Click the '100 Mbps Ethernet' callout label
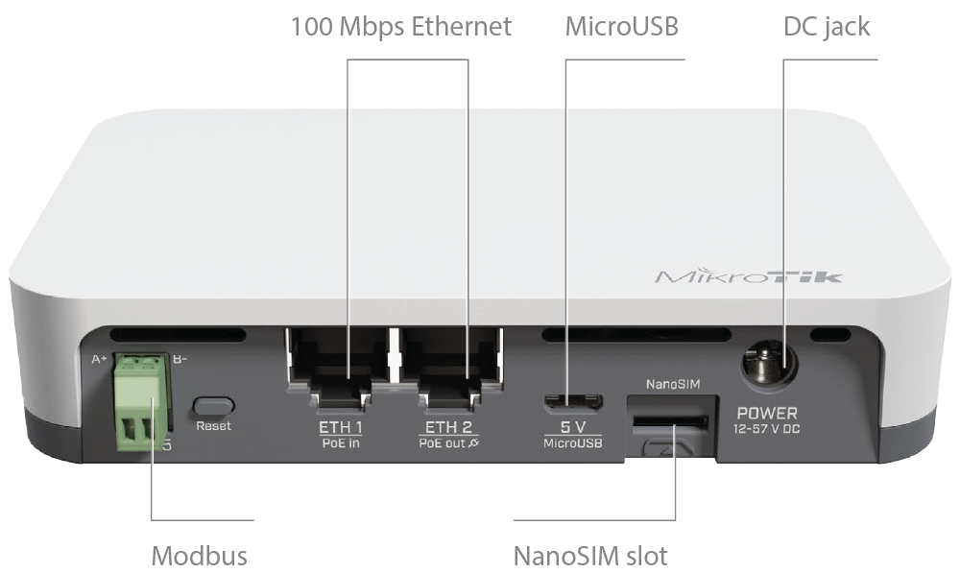pos(401,27)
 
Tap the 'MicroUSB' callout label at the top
pos(621,27)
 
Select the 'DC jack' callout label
pos(827,27)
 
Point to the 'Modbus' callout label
pos(199,556)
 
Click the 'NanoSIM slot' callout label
pos(590,556)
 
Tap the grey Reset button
pos(213,406)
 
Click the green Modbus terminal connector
pos(141,400)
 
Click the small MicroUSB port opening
pos(573,402)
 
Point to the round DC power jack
pos(770,365)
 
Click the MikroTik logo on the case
pos(748,276)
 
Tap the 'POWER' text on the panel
pos(767,414)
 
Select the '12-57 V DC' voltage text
pos(766,429)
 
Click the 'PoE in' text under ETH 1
pos(341,442)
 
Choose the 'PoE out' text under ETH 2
pos(442,442)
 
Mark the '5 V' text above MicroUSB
pos(573,427)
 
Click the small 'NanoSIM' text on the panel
pos(672,385)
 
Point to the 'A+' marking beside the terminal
pos(99,359)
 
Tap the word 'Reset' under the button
pos(213,426)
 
